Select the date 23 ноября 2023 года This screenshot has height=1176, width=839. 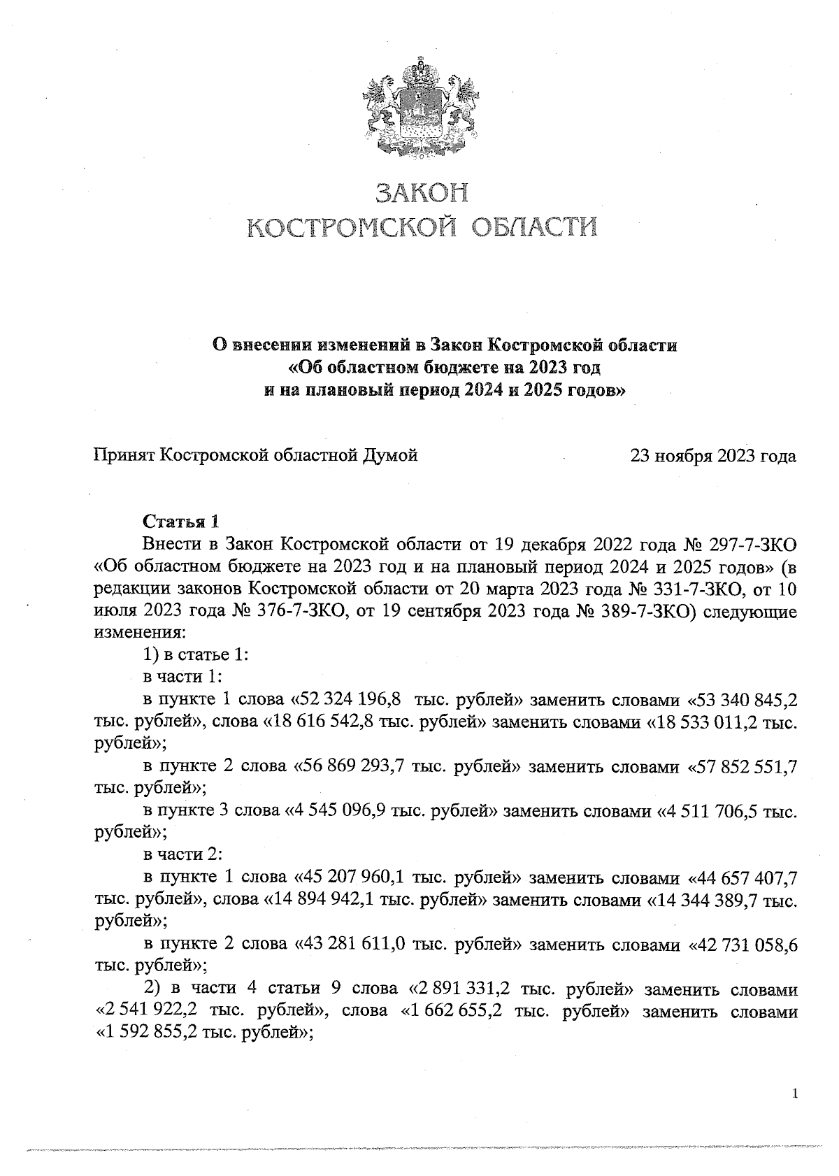coord(713,457)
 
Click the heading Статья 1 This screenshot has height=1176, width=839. coord(181,522)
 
